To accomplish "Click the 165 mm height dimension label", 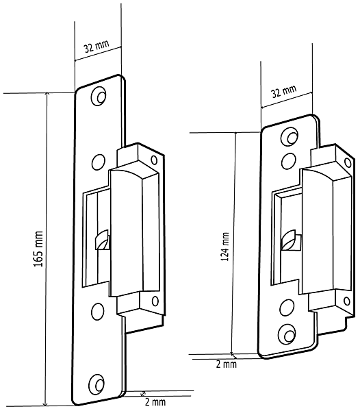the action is [38, 249].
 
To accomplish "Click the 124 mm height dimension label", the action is [225, 247].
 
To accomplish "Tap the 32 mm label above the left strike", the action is [96, 47].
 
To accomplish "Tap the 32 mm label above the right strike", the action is [284, 91].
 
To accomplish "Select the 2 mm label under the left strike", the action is [155, 402].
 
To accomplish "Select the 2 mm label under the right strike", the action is [227, 364].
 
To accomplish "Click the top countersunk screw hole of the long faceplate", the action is [99, 96].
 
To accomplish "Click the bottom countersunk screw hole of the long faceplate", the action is [97, 384].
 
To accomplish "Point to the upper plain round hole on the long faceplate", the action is [99, 162].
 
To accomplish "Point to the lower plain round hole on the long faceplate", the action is [98, 312].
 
